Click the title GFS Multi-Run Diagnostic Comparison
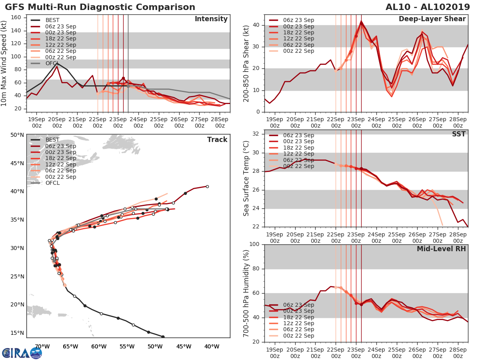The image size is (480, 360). [100, 7]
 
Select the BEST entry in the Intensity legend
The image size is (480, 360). [52, 20]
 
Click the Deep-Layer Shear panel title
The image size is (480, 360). [432, 19]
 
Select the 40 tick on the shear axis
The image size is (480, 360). [256, 25]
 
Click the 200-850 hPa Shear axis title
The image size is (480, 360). [246, 63]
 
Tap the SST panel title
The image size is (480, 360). [459, 134]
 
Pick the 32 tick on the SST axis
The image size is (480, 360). [256, 134]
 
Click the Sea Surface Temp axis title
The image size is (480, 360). [246, 178]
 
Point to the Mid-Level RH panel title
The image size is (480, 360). [441, 249]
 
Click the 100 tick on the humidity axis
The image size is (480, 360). [255, 244]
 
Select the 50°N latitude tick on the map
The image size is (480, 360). [17, 135]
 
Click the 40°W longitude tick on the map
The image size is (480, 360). [212, 346]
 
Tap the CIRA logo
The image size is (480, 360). [22, 353]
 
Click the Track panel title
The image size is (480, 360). [217, 140]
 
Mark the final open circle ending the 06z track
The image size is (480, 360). [207, 186]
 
